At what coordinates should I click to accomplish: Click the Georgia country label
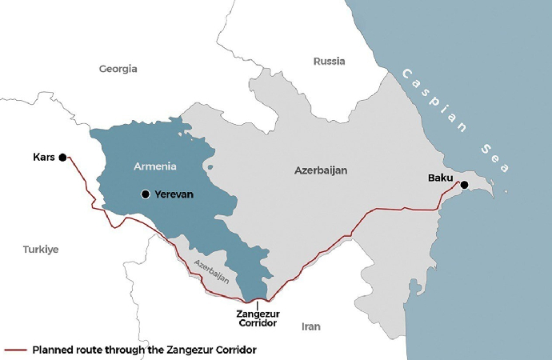tap(118, 69)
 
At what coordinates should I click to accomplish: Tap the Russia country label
tap(329, 61)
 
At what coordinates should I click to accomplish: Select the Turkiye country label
tap(41, 250)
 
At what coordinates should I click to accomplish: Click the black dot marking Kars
tap(62, 158)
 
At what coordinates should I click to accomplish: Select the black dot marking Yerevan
tap(145, 194)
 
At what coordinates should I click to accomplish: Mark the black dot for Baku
tap(464, 185)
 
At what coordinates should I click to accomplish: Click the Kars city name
tap(44, 158)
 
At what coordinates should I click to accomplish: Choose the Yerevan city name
tap(174, 194)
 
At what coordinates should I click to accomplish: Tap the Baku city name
tap(441, 176)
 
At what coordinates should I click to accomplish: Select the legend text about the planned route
tap(144, 350)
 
